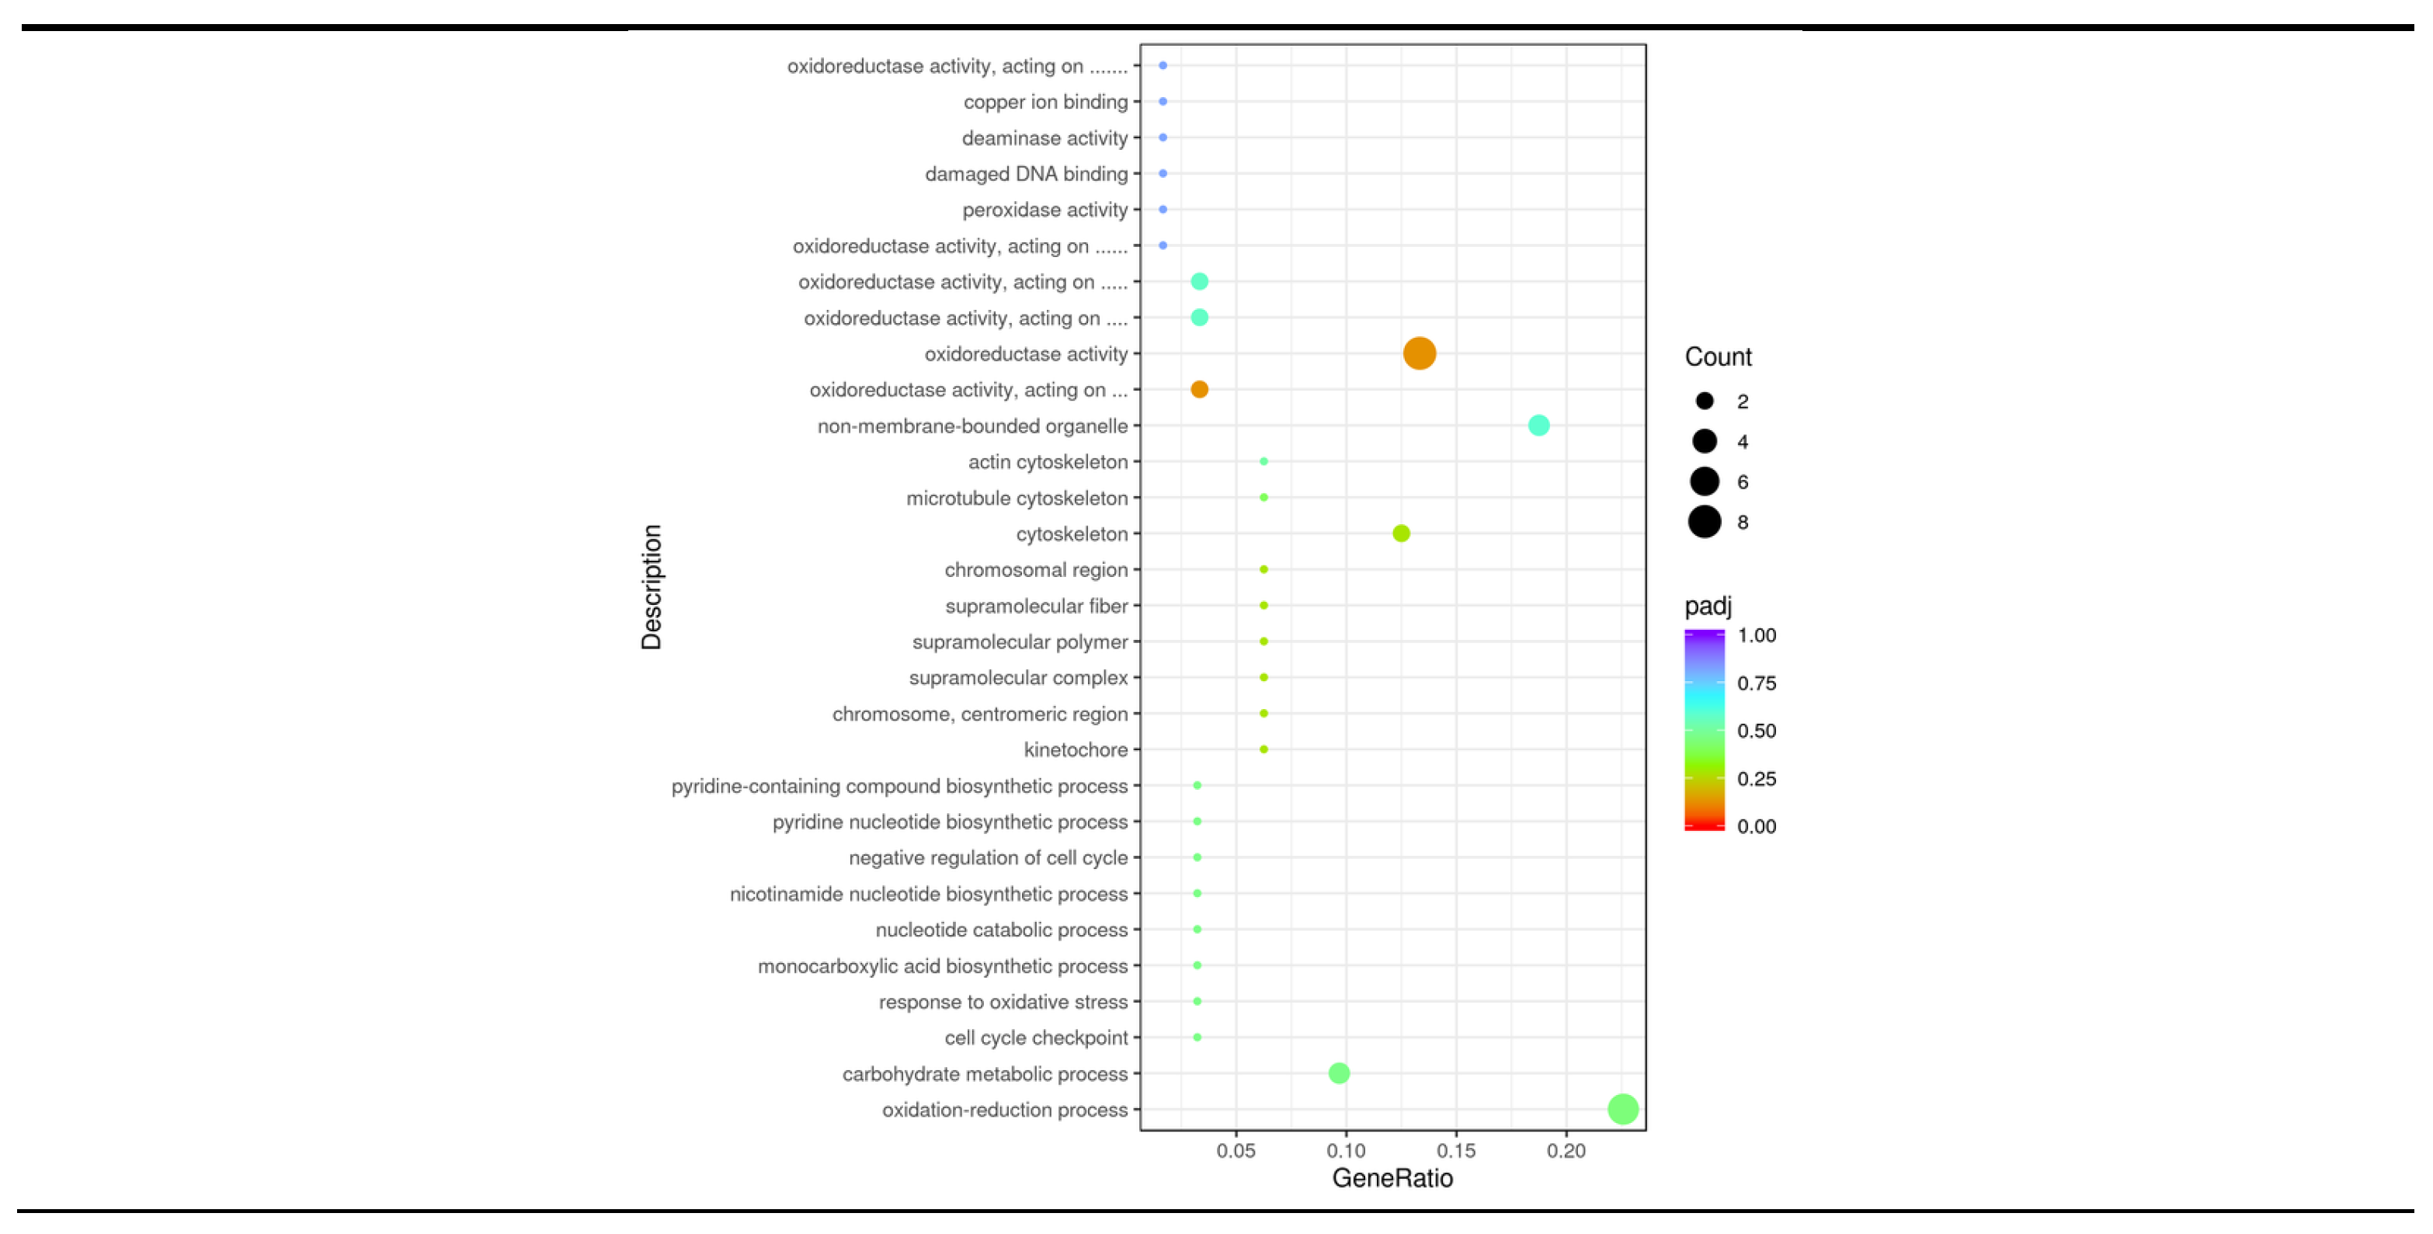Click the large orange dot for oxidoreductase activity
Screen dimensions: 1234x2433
click(x=1419, y=353)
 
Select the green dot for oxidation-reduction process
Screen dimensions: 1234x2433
click(x=1621, y=1108)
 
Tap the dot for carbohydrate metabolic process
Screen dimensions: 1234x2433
click(x=1338, y=1072)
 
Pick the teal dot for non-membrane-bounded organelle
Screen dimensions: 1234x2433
click(x=1538, y=426)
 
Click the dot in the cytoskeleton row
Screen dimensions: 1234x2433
click(x=1401, y=533)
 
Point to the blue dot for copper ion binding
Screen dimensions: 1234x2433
click(x=1163, y=101)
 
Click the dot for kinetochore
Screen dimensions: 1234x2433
click(x=1263, y=749)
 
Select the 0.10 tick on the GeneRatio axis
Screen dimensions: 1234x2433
click(x=1345, y=1150)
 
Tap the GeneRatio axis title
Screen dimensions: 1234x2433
click(x=1392, y=1177)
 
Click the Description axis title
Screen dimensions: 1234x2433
click(x=652, y=587)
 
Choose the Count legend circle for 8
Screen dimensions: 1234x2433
click(x=1704, y=522)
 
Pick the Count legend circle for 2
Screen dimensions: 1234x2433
click(x=1704, y=401)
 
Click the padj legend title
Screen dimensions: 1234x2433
click(x=1708, y=606)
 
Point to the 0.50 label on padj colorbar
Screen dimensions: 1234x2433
click(x=1756, y=731)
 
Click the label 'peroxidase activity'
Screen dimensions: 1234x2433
click(x=1044, y=210)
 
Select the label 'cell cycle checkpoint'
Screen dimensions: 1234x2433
click(x=1036, y=1038)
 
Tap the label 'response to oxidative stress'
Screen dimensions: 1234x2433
click(x=1003, y=1002)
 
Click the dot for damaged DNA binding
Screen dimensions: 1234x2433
click(x=1163, y=173)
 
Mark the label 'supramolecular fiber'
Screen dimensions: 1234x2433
click(x=1036, y=606)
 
